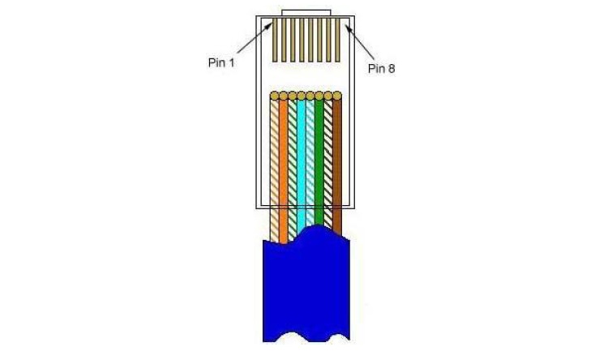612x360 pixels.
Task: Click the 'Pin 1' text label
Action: pos(221,62)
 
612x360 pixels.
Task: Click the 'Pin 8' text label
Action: pos(381,69)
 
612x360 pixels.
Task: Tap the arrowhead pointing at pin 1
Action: pos(270,25)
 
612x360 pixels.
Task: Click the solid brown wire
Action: pos(337,167)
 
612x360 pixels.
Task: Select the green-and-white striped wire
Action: pos(293,169)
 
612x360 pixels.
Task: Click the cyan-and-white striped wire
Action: pos(310,164)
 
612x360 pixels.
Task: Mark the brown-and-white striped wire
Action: pos(328,164)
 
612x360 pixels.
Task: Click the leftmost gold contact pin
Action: pos(275,41)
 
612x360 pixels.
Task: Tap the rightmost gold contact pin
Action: pos(338,41)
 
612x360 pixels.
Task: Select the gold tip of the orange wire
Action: pos(284,96)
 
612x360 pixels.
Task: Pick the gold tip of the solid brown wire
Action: pos(337,96)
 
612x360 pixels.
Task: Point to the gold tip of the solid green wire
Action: pos(319,96)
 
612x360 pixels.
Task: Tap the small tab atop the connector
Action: pos(306,13)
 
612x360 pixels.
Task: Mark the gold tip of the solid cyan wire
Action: pos(302,96)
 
